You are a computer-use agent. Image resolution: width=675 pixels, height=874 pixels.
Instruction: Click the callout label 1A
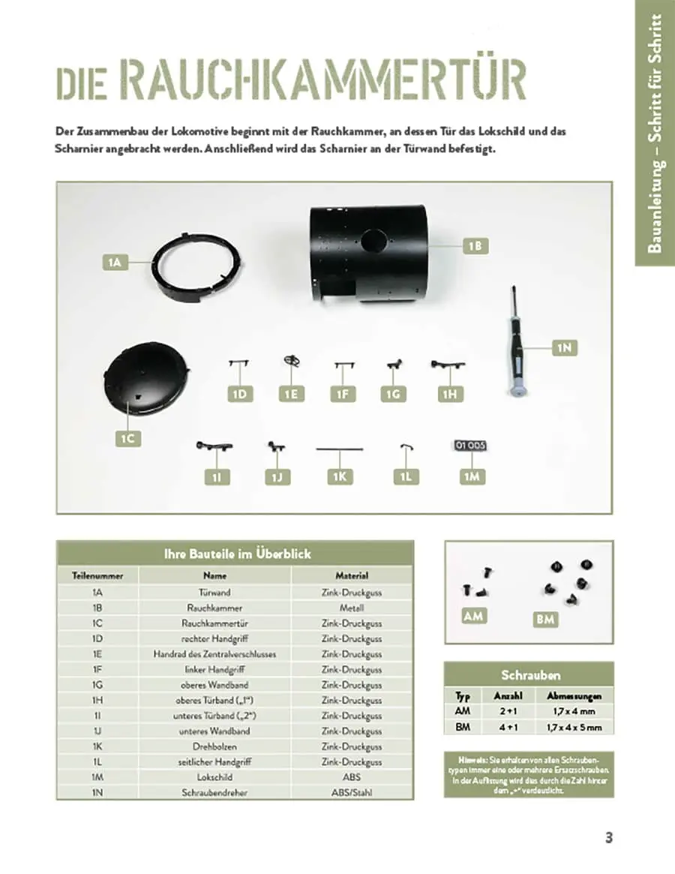[x=114, y=263]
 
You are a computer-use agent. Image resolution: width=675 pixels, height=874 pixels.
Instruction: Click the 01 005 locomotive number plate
[x=470, y=446]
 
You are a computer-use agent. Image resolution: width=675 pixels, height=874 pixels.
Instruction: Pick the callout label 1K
[x=340, y=476]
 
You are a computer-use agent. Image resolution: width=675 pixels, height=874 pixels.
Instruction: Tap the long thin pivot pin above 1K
[x=339, y=449]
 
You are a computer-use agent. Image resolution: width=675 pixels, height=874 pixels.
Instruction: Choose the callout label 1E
[x=290, y=394]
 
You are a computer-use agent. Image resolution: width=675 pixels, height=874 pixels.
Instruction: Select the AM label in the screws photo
[x=474, y=617]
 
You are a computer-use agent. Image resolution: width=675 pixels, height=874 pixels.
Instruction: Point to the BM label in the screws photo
[x=545, y=620]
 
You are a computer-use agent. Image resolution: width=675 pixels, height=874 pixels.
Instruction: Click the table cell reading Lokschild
[x=214, y=777]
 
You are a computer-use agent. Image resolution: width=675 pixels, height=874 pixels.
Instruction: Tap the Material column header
[x=352, y=575]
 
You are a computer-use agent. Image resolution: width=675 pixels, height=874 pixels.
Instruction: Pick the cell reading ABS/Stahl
[x=352, y=792]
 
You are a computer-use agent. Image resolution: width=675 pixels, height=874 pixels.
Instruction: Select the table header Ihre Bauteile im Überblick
[x=235, y=554]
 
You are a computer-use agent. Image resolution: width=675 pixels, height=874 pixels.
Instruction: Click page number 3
[x=609, y=838]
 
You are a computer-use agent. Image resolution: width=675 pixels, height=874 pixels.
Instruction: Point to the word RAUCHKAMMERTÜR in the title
[x=322, y=80]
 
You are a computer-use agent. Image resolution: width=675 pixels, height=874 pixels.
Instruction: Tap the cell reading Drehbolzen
[x=214, y=746]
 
